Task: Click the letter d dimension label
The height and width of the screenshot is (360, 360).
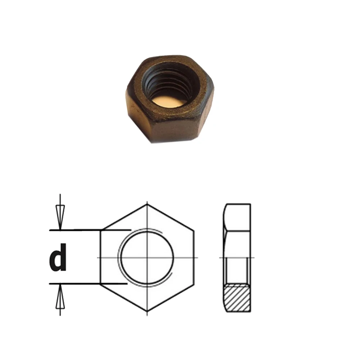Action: (58, 257)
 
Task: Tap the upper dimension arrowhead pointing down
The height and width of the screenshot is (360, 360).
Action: (60, 217)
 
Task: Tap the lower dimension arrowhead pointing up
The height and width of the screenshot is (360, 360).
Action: (60, 296)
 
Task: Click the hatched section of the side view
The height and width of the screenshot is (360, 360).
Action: (237, 298)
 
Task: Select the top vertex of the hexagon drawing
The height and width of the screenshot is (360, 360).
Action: (147, 204)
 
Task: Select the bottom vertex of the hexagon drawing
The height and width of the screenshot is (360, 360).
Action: (147, 311)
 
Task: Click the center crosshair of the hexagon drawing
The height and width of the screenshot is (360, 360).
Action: (147, 258)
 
